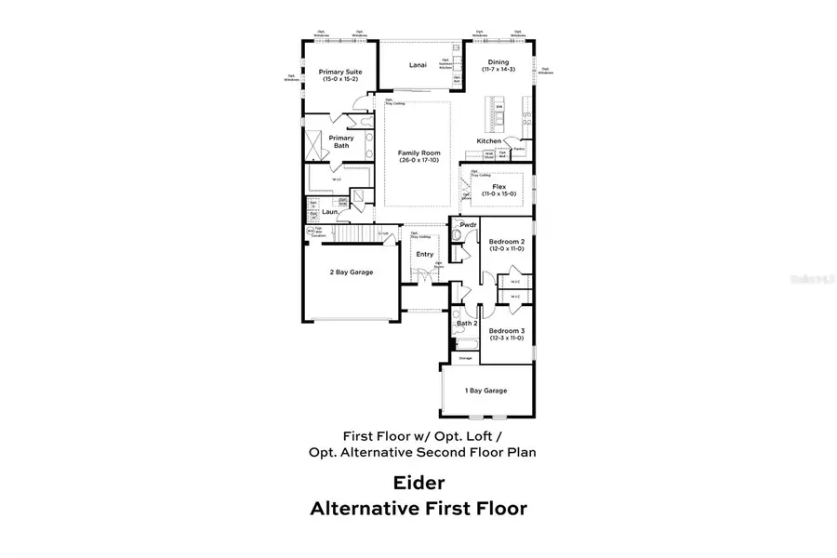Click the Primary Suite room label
tap(340, 72)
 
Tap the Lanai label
tap(418, 65)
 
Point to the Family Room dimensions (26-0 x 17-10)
tap(418, 161)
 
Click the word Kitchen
tap(489, 140)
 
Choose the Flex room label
tap(499, 186)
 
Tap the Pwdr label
tap(469, 224)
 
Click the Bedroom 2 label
tap(507, 241)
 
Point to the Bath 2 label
tap(466, 323)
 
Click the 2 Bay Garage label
tap(351, 272)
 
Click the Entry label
tap(425, 254)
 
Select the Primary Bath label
tap(340, 141)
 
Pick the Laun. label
tap(329, 211)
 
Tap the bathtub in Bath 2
tap(464, 344)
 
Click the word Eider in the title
tap(418, 483)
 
